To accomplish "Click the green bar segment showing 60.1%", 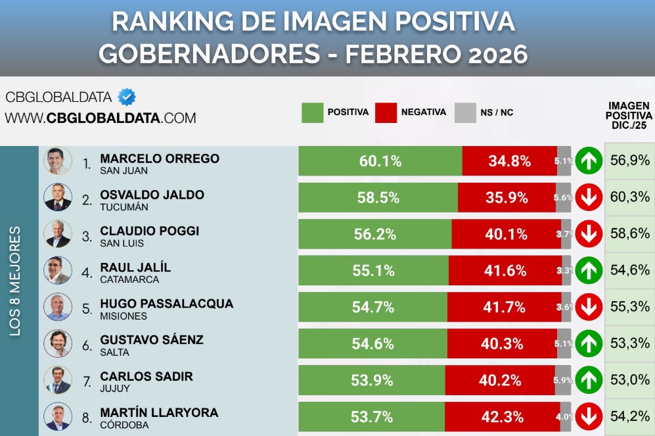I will tap(380, 161).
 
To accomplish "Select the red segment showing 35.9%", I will tap(507, 197).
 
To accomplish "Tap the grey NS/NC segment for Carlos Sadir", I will tap(563, 379).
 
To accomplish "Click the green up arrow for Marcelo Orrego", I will tap(589, 161).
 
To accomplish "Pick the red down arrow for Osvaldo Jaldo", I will tap(589, 197).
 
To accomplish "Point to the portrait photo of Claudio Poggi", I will tap(57, 233).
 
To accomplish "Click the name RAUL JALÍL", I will tap(135, 267).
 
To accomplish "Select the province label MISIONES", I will tap(123, 316).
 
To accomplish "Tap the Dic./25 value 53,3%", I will tap(629, 343).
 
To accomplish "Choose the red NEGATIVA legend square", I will tap(386, 112).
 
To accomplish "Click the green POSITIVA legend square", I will tap(313, 112).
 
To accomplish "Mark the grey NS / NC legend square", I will tap(465, 112).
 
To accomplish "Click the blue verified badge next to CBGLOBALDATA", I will tap(127, 97).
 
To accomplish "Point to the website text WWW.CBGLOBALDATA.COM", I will tap(101, 118).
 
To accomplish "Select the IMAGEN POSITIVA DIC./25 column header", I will tap(629, 115).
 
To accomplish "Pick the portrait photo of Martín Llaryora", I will tap(57, 416).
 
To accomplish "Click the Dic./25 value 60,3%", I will tap(629, 197).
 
